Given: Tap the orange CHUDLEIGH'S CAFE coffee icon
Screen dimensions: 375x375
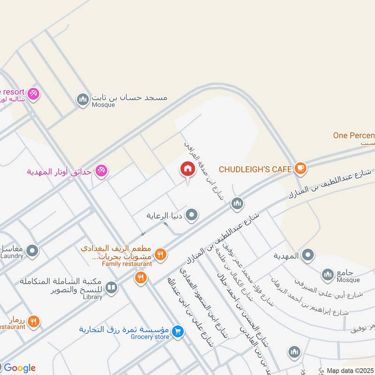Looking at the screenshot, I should [300, 168].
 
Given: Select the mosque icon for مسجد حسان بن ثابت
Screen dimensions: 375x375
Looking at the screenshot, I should [83, 99].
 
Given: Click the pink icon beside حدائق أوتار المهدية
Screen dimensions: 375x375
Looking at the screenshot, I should [100, 171].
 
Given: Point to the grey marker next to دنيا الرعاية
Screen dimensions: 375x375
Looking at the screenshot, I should [191, 216].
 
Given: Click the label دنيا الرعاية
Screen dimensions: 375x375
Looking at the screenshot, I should [164, 216].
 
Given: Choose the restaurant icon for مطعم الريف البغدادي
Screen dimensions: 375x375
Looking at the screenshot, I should [160, 255].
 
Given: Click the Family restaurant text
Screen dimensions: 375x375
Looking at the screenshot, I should [127, 264].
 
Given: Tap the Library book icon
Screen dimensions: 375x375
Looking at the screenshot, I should [111, 287].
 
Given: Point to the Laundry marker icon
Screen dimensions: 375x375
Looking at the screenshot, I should [32, 251].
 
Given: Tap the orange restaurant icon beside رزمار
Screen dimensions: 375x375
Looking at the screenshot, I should [33, 322].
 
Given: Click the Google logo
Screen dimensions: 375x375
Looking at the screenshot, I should [19, 368].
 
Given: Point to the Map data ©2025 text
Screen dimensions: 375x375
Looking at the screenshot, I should [350, 370].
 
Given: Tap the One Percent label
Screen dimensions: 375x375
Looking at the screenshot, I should [354, 135].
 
